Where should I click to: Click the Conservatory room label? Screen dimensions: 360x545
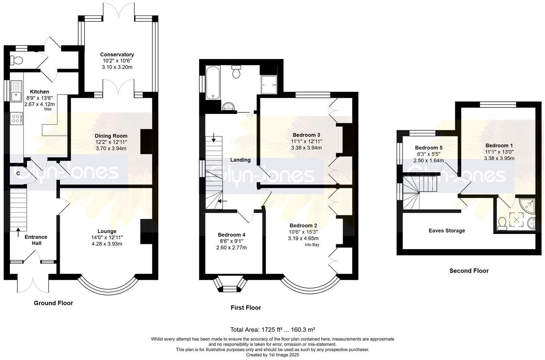click(117, 54)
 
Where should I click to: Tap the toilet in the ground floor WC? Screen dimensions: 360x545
click(15, 60)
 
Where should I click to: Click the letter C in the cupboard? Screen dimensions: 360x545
click(18, 173)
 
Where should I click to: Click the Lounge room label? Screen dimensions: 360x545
click(107, 231)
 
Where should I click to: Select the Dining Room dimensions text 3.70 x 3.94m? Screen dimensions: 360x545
click(111, 148)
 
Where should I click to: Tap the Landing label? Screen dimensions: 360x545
click(240, 160)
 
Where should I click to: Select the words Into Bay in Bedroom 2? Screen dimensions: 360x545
click(312, 245)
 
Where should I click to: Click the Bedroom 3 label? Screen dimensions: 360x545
click(306, 135)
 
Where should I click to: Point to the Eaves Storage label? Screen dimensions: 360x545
click(447, 231)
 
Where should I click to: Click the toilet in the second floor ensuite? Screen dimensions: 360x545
click(502, 223)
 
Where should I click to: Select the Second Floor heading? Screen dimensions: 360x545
click(469, 271)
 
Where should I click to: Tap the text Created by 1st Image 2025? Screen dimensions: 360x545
click(272, 355)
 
